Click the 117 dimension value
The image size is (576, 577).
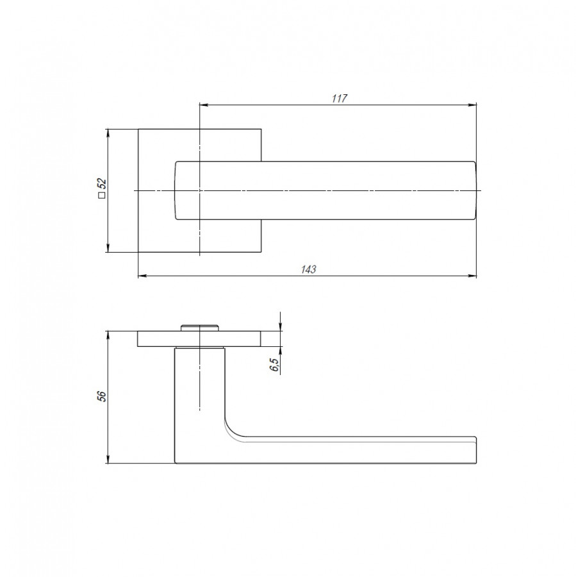click(339, 98)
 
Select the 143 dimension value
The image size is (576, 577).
click(309, 269)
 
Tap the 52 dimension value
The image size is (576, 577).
click(103, 183)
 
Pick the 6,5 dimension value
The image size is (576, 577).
click(275, 364)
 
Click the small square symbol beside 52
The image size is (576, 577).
click(102, 195)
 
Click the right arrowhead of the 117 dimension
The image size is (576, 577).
click(472, 105)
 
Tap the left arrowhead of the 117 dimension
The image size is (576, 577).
click(204, 105)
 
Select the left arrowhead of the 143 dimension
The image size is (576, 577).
click(143, 276)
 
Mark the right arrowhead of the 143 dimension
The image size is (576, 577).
click(472, 276)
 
